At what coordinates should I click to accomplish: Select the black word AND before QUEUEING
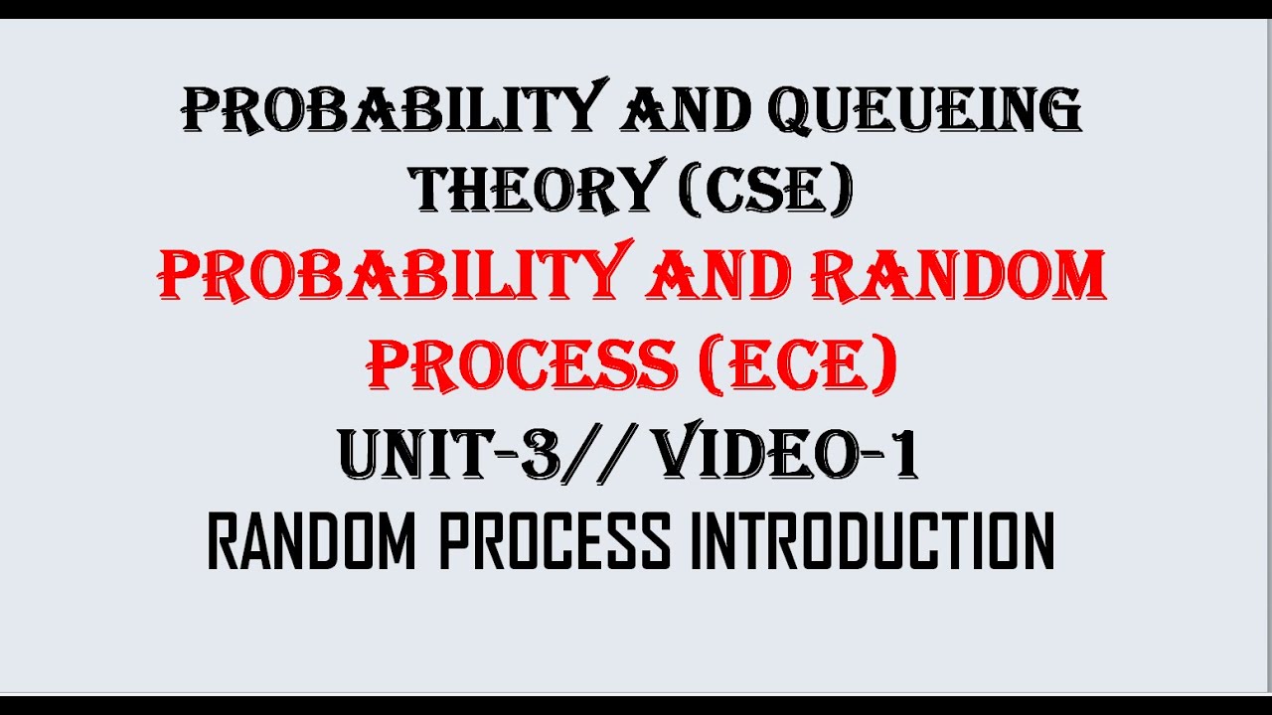685,108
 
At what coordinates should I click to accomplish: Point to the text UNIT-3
447,455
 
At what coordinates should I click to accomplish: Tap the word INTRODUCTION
872,542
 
